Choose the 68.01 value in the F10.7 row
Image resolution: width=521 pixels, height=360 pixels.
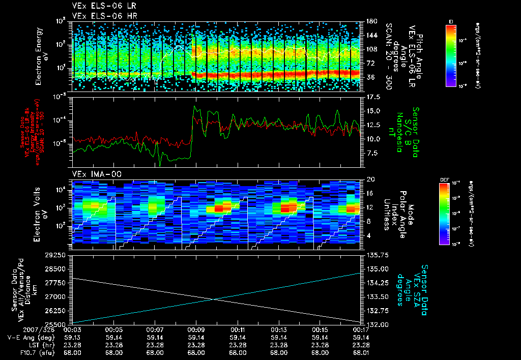pos(360,352)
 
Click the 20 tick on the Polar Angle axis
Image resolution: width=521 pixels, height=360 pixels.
pos(370,179)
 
